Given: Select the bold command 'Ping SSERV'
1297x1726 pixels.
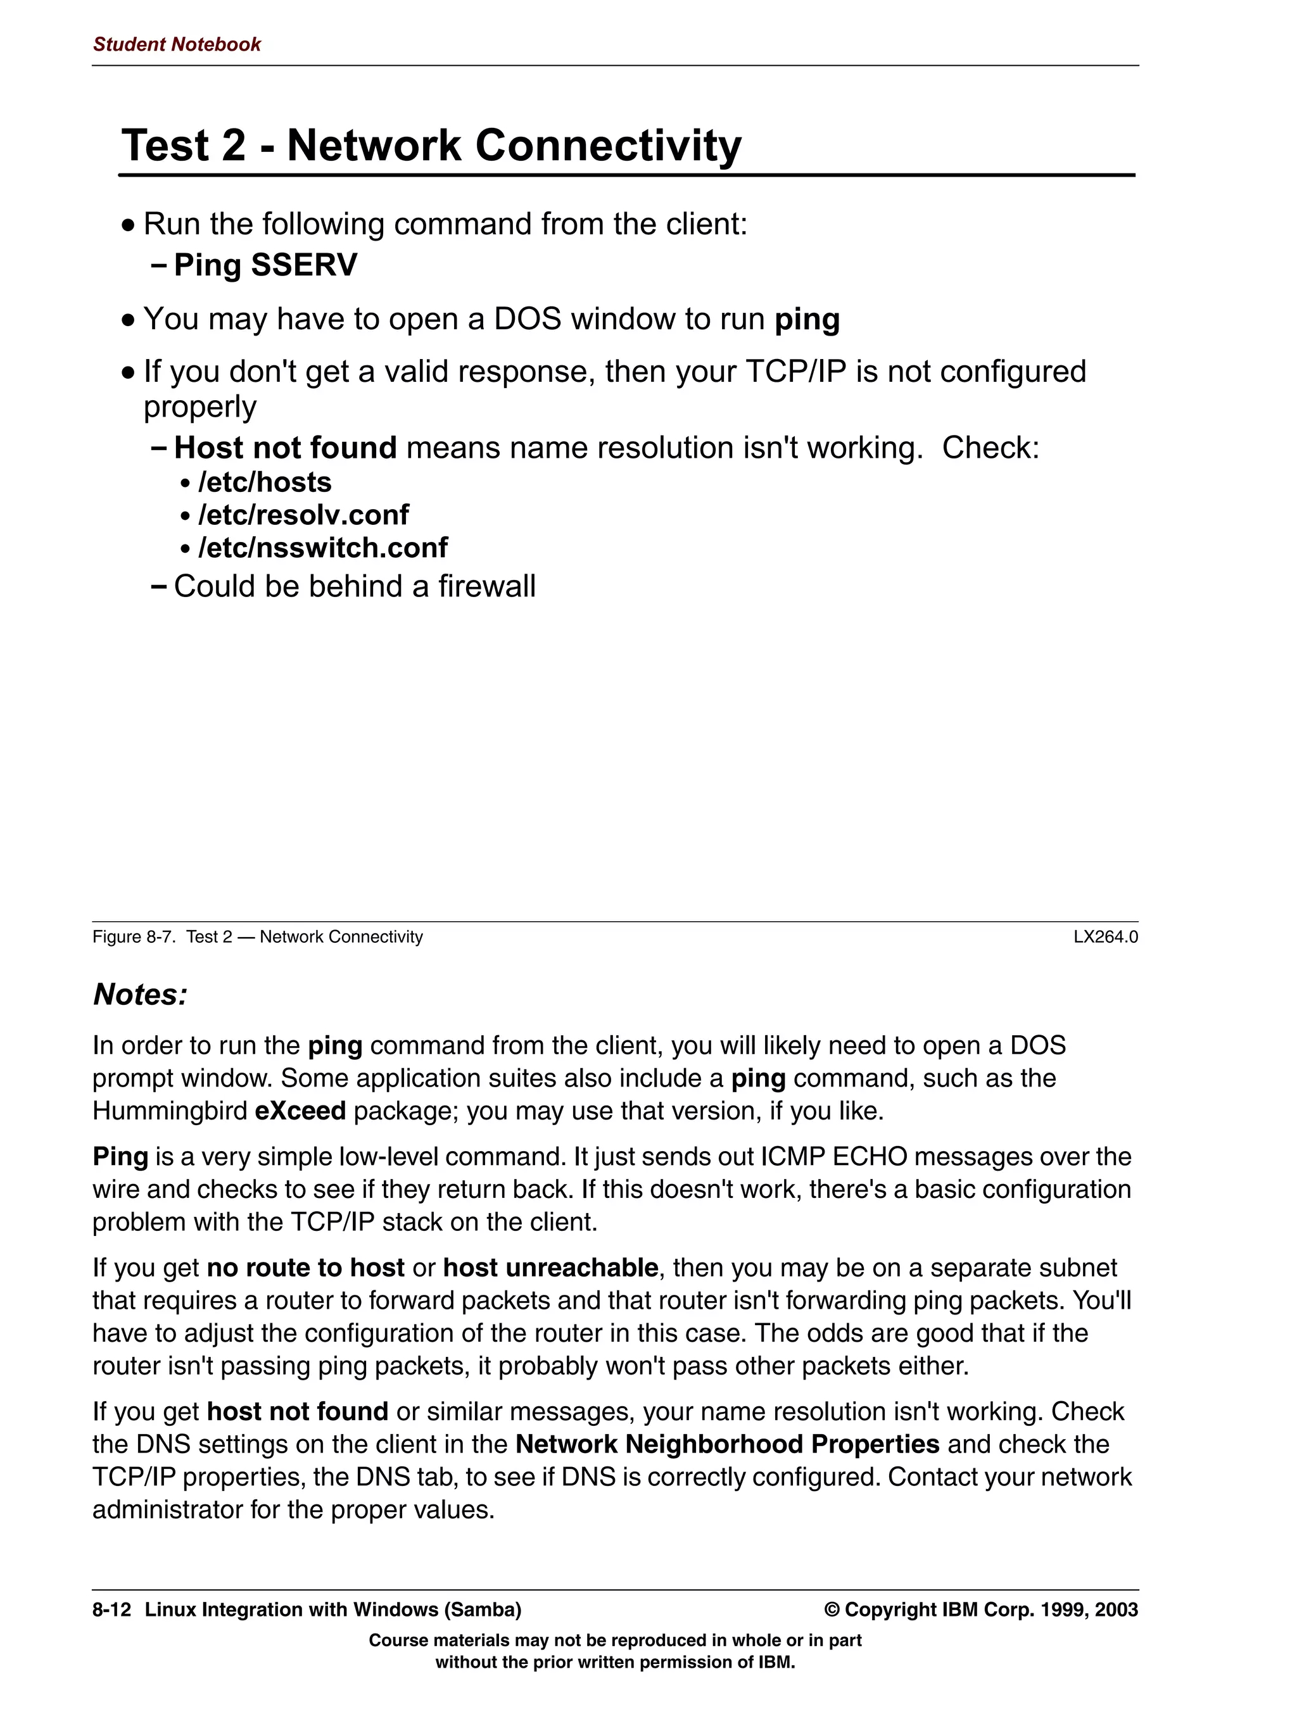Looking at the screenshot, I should click(265, 265).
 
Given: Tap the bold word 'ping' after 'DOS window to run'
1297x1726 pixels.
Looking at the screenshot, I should click(806, 320).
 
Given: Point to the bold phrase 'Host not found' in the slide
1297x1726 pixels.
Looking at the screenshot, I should click(285, 448).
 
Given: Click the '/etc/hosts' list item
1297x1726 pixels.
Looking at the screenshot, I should click(265, 483).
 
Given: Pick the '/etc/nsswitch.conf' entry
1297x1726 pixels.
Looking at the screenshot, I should click(322, 548).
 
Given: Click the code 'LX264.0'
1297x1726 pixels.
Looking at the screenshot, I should click(1105, 937).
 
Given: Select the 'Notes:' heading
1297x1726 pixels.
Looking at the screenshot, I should click(141, 995).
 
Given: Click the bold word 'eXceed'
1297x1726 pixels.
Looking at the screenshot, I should click(300, 1111).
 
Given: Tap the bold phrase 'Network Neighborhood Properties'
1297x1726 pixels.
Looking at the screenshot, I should click(726, 1444).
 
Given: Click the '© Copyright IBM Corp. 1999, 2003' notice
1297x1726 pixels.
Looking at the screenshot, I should click(980, 1609).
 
